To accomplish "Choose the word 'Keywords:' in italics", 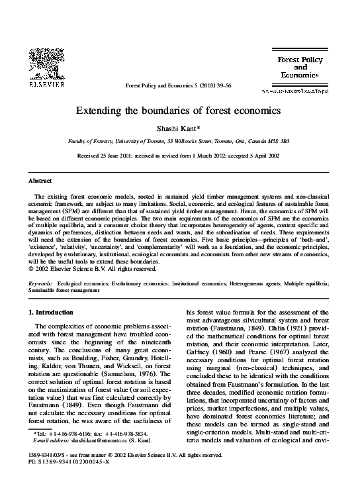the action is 41,283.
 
